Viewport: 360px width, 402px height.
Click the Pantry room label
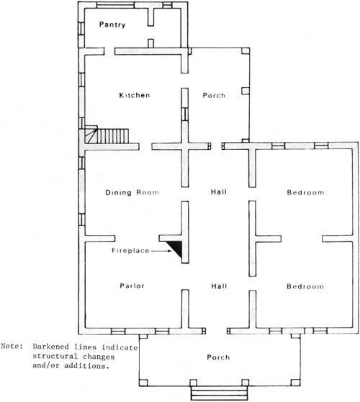pyautogui.click(x=112, y=24)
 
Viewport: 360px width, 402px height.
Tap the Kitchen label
pyautogui.click(x=135, y=95)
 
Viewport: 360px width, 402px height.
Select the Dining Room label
pyautogui.click(x=132, y=192)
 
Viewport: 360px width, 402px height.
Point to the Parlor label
pyautogui.click(x=132, y=285)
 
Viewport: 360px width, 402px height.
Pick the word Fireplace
pyautogui.click(x=130, y=250)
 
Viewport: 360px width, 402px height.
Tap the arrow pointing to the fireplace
pyautogui.click(x=161, y=251)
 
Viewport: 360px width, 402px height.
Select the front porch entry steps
pyautogui.click(x=220, y=393)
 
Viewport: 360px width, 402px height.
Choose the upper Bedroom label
pyautogui.click(x=305, y=192)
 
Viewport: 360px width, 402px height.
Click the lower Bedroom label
pyautogui.click(x=305, y=286)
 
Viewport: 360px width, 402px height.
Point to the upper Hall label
pyautogui.click(x=219, y=192)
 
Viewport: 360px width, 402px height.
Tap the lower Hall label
pyautogui.click(x=219, y=286)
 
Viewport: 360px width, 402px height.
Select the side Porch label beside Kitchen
pyautogui.click(x=214, y=95)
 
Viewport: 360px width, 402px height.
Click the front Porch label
pyautogui.click(x=218, y=357)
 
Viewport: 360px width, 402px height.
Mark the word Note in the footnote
pyautogui.click(x=12, y=346)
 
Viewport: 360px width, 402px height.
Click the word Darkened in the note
pyautogui.click(x=50, y=347)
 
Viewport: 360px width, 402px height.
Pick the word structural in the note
pyautogui.click(x=55, y=356)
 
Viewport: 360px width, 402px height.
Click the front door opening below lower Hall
pyautogui.click(x=216, y=331)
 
